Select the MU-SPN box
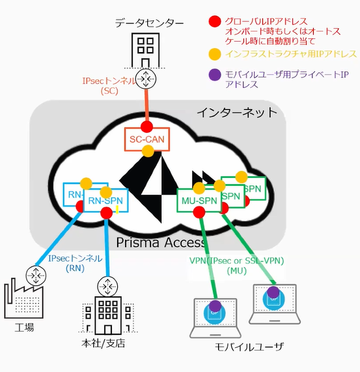pos(197,201)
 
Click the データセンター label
pos(145,23)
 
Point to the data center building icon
pos(145,48)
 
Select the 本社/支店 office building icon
pos(104,317)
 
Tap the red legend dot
pos(213,21)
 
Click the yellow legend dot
pos(213,54)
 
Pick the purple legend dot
pos(213,76)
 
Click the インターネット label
pos(237,113)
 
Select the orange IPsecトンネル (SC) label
pos(107,86)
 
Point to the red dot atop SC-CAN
pos(146,126)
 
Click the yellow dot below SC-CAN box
pos(148,151)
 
